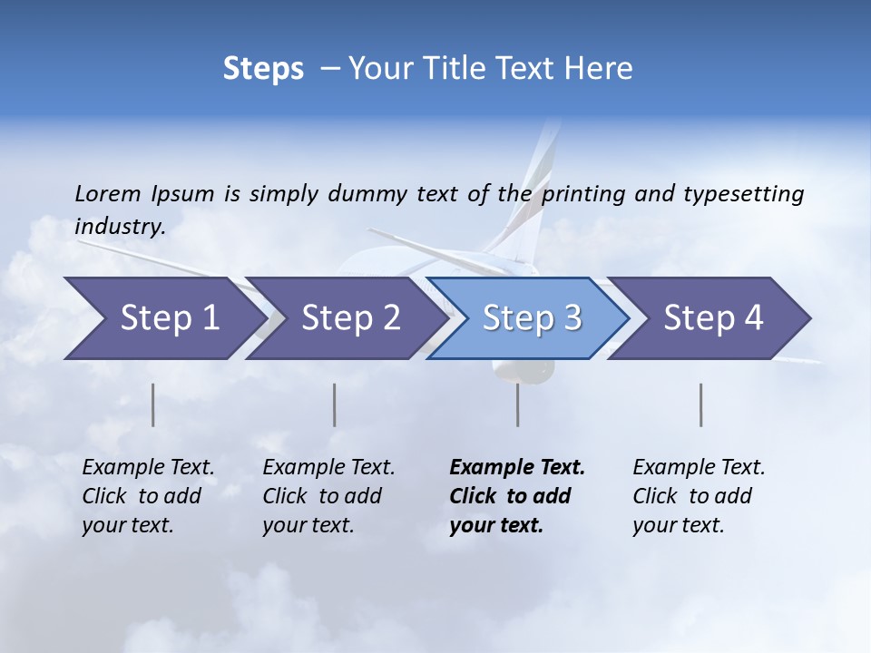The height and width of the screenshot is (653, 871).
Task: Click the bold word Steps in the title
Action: coord(263,69)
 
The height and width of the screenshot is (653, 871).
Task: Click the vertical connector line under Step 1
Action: coord(153,404)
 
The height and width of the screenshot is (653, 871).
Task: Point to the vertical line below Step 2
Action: coord(335,404)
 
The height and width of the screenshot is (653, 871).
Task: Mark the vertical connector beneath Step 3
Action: coord(518,404)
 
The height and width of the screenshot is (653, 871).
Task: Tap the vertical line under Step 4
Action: coord(701,404)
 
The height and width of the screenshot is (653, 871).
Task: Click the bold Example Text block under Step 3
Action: coord(517,496)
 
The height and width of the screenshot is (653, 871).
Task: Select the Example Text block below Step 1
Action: coord(148,496)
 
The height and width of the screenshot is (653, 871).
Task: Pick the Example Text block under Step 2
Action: coord(328,496)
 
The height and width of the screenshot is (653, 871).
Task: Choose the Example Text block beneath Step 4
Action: coord(699,496)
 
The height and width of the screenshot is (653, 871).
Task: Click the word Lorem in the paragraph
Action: coord(108,193)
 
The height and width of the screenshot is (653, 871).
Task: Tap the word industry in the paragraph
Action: coord(119,227)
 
